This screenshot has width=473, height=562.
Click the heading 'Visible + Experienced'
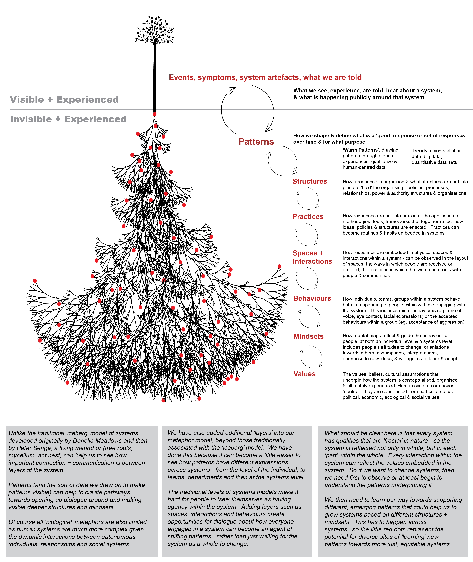point(64,100)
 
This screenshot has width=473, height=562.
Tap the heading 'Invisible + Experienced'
point(68,119)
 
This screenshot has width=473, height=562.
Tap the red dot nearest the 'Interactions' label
point(279,266)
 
